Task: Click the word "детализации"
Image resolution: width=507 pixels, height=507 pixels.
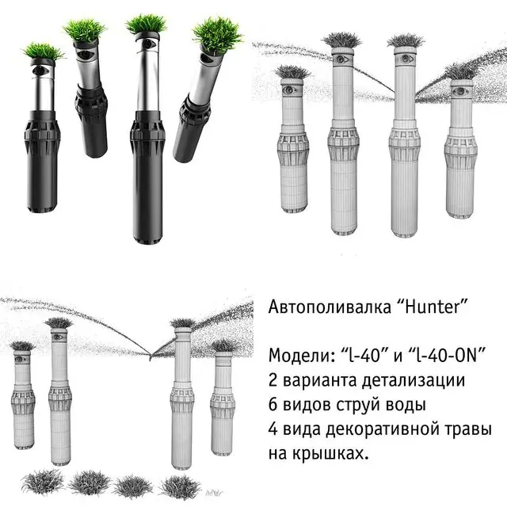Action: tap(414, 380)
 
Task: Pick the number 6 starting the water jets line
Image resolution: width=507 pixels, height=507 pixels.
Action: tap(273, 404)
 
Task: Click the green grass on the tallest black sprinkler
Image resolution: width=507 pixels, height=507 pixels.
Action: tap(146, 25)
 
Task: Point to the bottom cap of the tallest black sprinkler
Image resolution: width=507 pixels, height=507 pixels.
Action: tap(147, 238)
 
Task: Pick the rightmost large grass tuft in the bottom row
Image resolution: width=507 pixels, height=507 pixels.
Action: tap(180, 486)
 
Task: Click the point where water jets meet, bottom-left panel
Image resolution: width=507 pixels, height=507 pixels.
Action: tap(150, 355)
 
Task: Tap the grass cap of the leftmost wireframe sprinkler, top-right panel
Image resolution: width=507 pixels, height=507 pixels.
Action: tap(292, 73)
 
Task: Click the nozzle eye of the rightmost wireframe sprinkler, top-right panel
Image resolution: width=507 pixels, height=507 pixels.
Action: tap(460, 92)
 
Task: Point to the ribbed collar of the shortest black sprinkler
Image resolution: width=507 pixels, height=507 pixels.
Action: tap(42, 135)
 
